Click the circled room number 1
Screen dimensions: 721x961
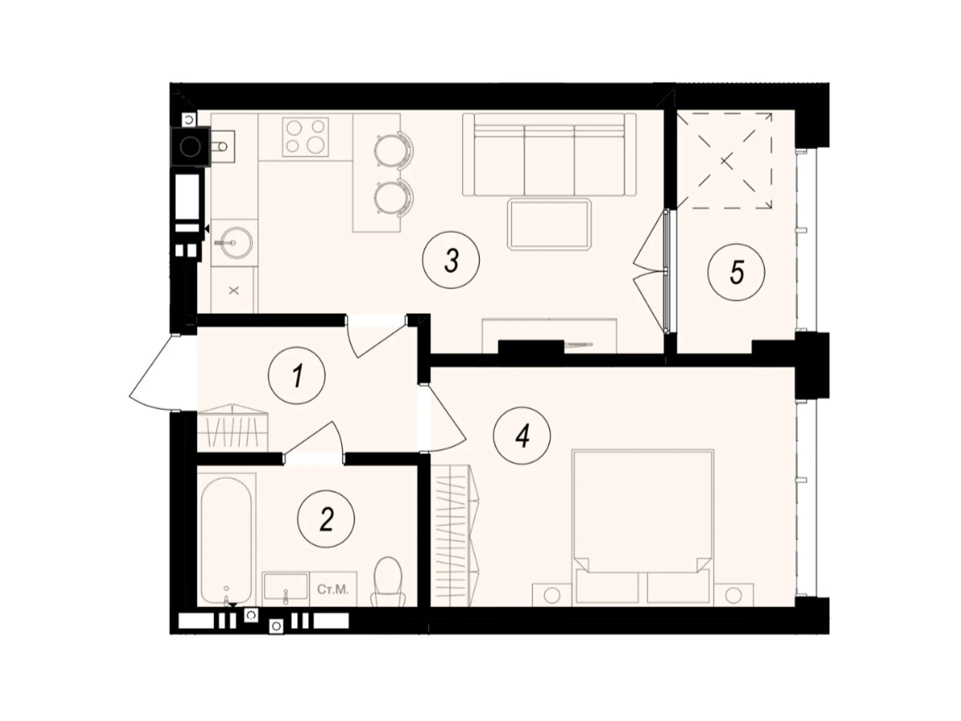pyautogui.click(x=297, y=376)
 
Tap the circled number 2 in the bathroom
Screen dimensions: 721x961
pyautogui.click(x=326, y=519)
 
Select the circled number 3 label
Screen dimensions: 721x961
pyautogui.click(x=451, y=261)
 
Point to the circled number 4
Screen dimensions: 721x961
pyautogui.click(x=521, y=436)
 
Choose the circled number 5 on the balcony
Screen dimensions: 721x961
pyautogui.click(x=736, y=272)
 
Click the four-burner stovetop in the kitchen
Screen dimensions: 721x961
pyautogui.click(x=306, y=136)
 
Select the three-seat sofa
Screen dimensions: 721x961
pyautogui.click(x=549, y=155)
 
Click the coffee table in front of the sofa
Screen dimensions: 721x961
pyautogui.click(x=550, y=224)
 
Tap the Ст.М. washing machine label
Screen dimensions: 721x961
pyautogui.click(x=333, y=589)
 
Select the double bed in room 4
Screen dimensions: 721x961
pyautogui.click(x=643, y=526)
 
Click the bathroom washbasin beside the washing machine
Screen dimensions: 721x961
pyautogui.click(x=286, y=588)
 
